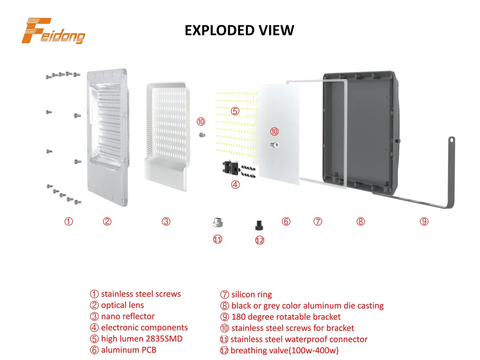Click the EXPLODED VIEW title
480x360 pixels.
click(x=240, y=30)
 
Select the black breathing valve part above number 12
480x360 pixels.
click(x=259, y=224)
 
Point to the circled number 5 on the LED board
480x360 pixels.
click(x=235, y=111)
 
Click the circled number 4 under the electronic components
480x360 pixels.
click(x=235, y=184)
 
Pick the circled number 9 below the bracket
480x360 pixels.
click(x=424, y=221)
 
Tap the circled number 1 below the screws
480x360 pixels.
click(x=68, y=221)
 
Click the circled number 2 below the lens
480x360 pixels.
click(x=107, y=221)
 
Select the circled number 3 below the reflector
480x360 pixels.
click(x=166, y=221)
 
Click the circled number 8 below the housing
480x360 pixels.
click(x=360, y=221)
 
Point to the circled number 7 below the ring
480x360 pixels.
click(x=318, y=221)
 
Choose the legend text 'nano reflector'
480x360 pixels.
click(x=128, y=317)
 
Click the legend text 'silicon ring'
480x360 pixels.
click(x=251, y=295)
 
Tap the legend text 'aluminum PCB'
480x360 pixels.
click(x=129, y=350)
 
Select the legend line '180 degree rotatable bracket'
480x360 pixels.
click(x=286, y=317)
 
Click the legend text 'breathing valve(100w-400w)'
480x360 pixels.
click(x=284, y=350)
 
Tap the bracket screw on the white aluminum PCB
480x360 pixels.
click(x=274, y=144)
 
